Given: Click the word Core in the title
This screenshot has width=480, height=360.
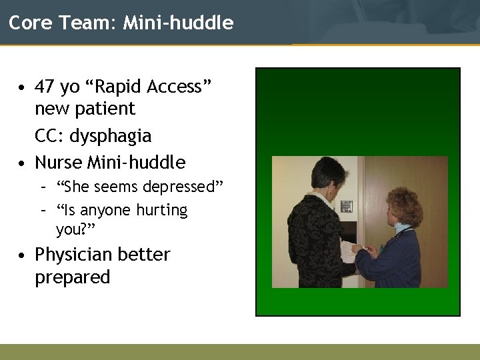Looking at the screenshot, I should coord(25,23).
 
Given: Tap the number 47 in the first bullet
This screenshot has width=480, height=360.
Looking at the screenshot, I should coord(45,87).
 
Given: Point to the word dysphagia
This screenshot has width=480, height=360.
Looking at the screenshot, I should coord(111,137).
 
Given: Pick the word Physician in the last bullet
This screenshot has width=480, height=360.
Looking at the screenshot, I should coord(74,255).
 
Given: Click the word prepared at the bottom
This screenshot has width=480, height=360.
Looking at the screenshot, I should coord(72,277).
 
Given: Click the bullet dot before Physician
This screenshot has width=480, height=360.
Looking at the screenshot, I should coord(23,255).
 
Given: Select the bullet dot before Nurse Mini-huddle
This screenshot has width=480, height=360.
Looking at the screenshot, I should coord(23,163).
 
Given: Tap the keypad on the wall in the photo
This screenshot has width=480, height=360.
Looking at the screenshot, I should coord(347,207).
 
